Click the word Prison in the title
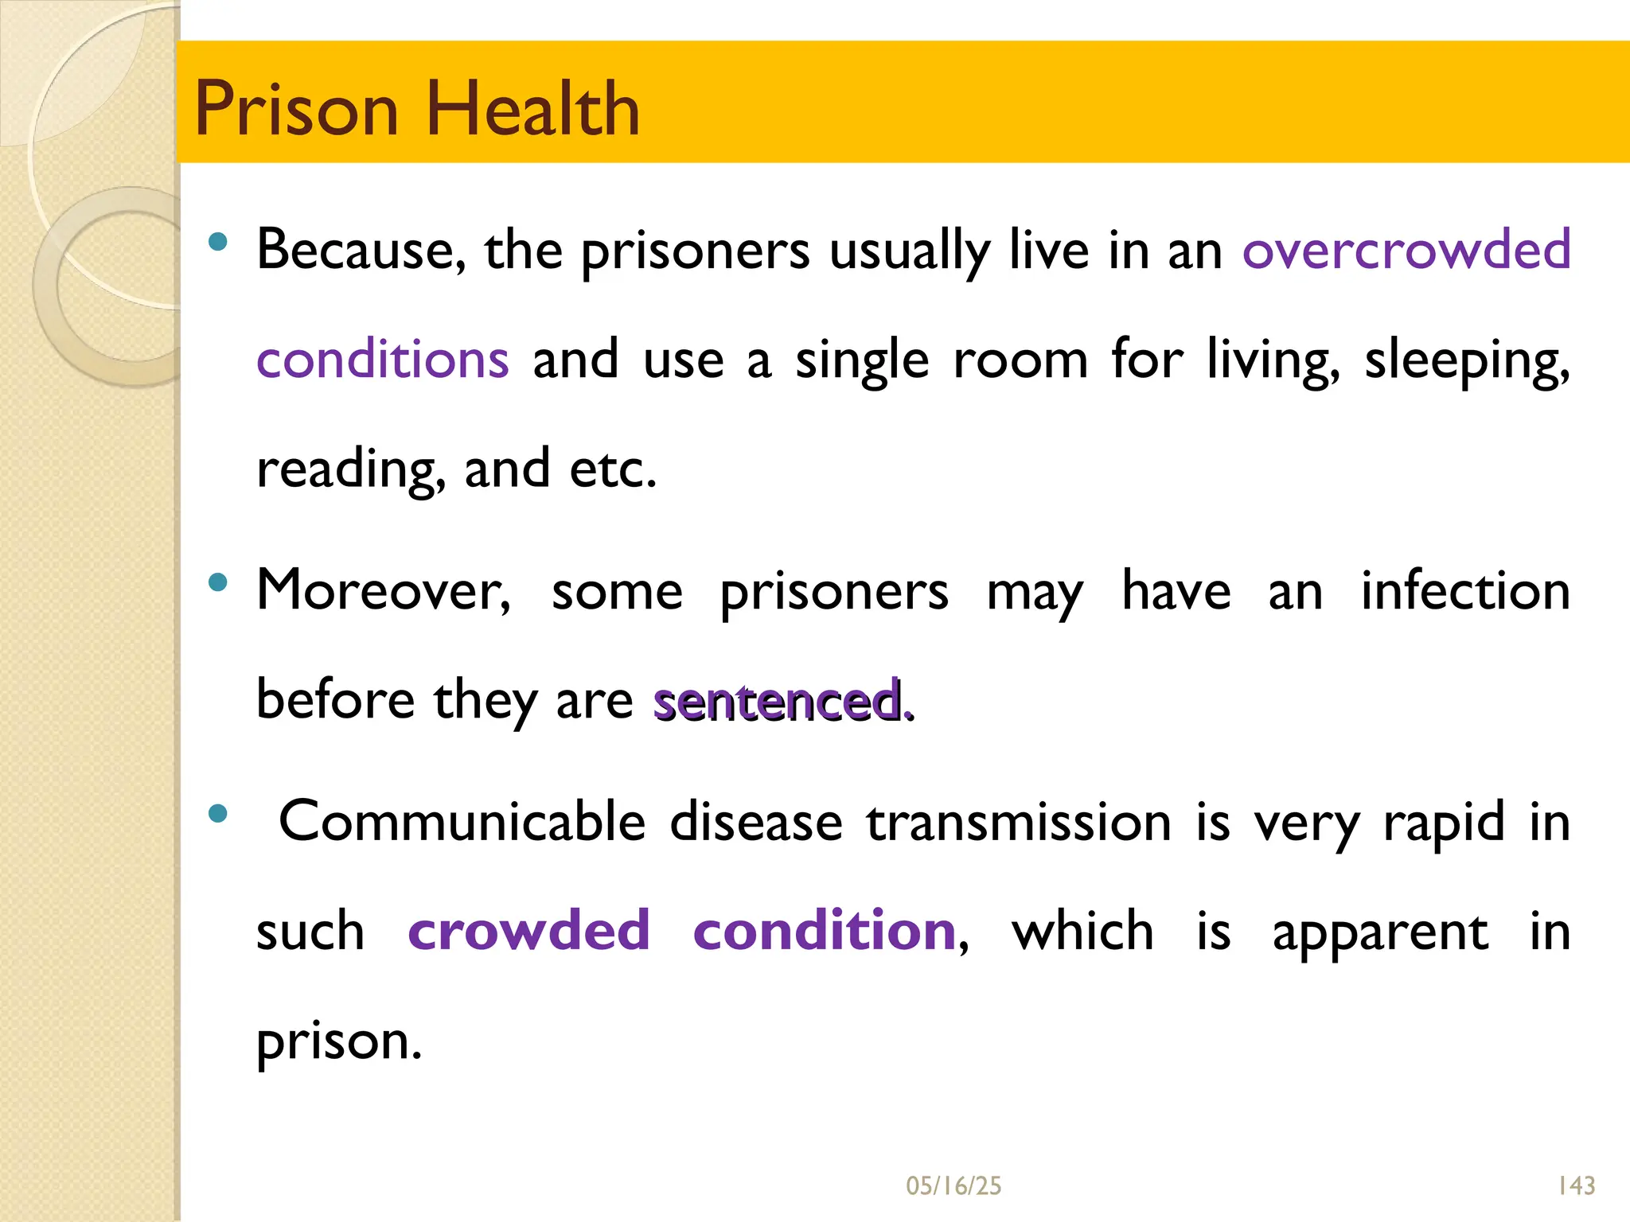pos(295,109)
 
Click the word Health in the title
pos(532,109)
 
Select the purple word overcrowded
pos(1406,250)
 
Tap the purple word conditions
pos(382,360)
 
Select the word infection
pos(1465,590)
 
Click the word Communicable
pos(462,821)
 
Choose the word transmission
pos(1019,821)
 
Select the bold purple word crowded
pos(528,930)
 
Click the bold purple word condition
pos(825,930)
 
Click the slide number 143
pos(1576,1186)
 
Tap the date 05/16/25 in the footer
pos(953,1186)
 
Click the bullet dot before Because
pos(217,241)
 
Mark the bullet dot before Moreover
pos(217,583)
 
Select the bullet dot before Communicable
pos(217,813)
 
